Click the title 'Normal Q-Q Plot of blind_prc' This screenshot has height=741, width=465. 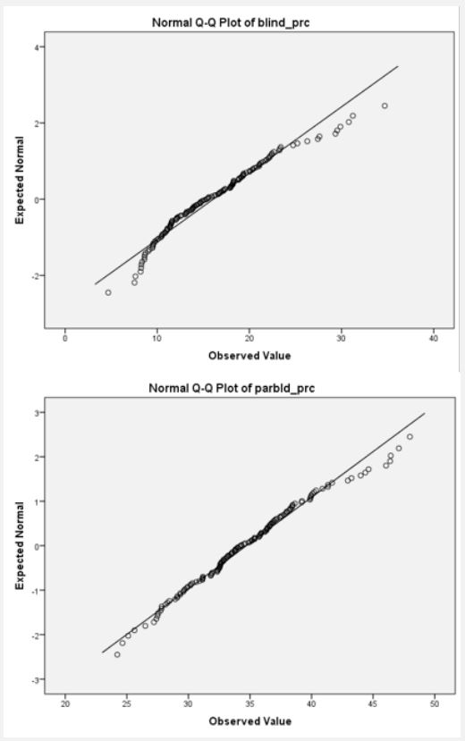(x=231, y=22)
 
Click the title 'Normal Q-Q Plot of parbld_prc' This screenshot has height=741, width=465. (x=232, y=388)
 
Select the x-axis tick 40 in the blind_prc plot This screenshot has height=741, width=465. (x=434, y=338)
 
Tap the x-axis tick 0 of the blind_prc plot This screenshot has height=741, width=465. (x=65, y=338)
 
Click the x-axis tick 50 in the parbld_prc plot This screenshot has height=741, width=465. (x=435, y=703)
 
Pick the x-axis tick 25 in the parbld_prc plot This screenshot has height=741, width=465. (x=127, y=703)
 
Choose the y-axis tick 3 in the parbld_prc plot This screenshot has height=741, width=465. (x=41, y=413)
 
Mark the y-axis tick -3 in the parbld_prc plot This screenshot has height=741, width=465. (x=39, y=679)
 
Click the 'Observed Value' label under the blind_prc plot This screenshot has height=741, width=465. (x=249, y=356)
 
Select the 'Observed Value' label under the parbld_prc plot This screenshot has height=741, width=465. (x=250, y=721)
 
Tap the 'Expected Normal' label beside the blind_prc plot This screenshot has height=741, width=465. (x=20, y=180)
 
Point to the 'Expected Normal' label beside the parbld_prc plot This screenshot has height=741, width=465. (x=20, y=546)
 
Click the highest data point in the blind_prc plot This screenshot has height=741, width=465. (x=385, y=105)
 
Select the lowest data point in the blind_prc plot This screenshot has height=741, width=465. (x=108, y=292)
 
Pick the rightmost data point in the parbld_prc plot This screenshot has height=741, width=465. (x=410, y=437)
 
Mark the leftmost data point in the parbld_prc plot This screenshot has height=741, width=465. (x=117, y=654)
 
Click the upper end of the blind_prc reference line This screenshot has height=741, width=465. (x=398, y=66)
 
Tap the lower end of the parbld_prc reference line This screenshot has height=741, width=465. (x=102, y=653)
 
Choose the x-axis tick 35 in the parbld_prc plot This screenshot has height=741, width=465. (x=250, y=703)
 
